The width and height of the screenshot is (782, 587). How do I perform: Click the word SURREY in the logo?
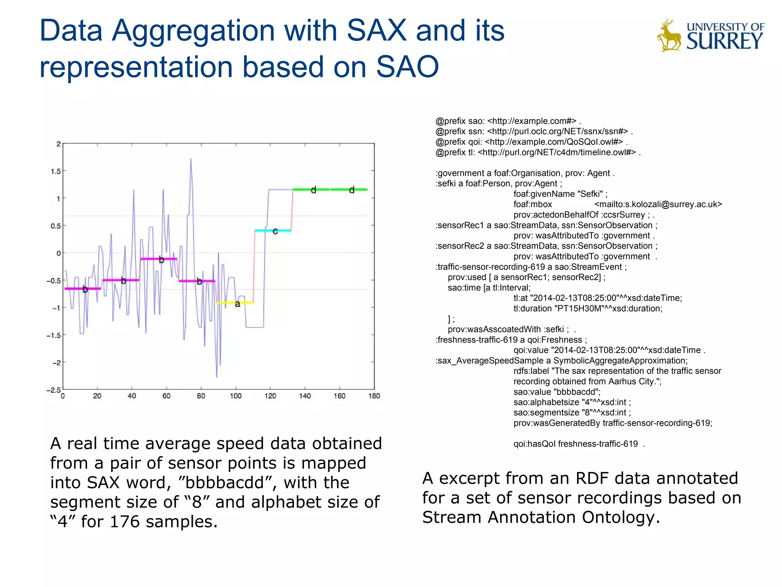[724, 41]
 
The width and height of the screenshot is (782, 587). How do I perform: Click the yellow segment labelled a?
[235, 303]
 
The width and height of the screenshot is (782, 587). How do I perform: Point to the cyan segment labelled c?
[273, 230]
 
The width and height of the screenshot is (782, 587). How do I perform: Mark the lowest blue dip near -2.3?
[217, 376]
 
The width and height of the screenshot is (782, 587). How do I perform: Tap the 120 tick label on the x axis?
[270, 396]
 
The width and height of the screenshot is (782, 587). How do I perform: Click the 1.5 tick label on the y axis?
[56, 171]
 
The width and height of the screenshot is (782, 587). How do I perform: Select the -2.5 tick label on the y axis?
[53, 390]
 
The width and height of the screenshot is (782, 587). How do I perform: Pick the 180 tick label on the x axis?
[374, 396]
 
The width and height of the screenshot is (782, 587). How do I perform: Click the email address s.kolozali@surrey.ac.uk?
[658, 204]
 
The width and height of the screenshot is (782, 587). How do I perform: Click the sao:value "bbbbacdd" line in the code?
[557, 392]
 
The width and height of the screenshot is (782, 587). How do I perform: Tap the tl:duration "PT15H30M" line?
[588, 308]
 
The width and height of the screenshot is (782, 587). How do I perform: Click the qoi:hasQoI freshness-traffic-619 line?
[575, 444]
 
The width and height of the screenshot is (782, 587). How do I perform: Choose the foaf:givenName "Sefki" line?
[560, 194]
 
